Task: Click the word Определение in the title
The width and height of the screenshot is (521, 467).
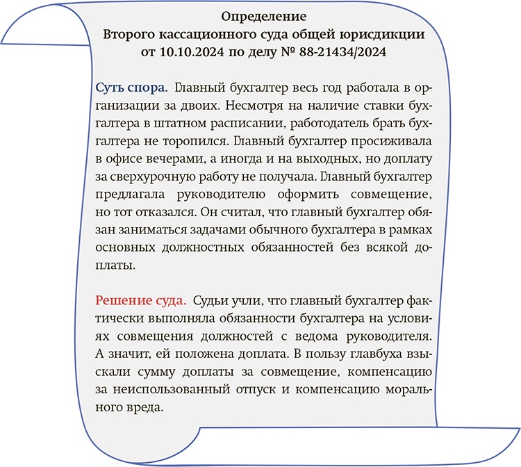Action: coord(263,15)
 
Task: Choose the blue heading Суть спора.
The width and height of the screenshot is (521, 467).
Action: coord(131,88)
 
